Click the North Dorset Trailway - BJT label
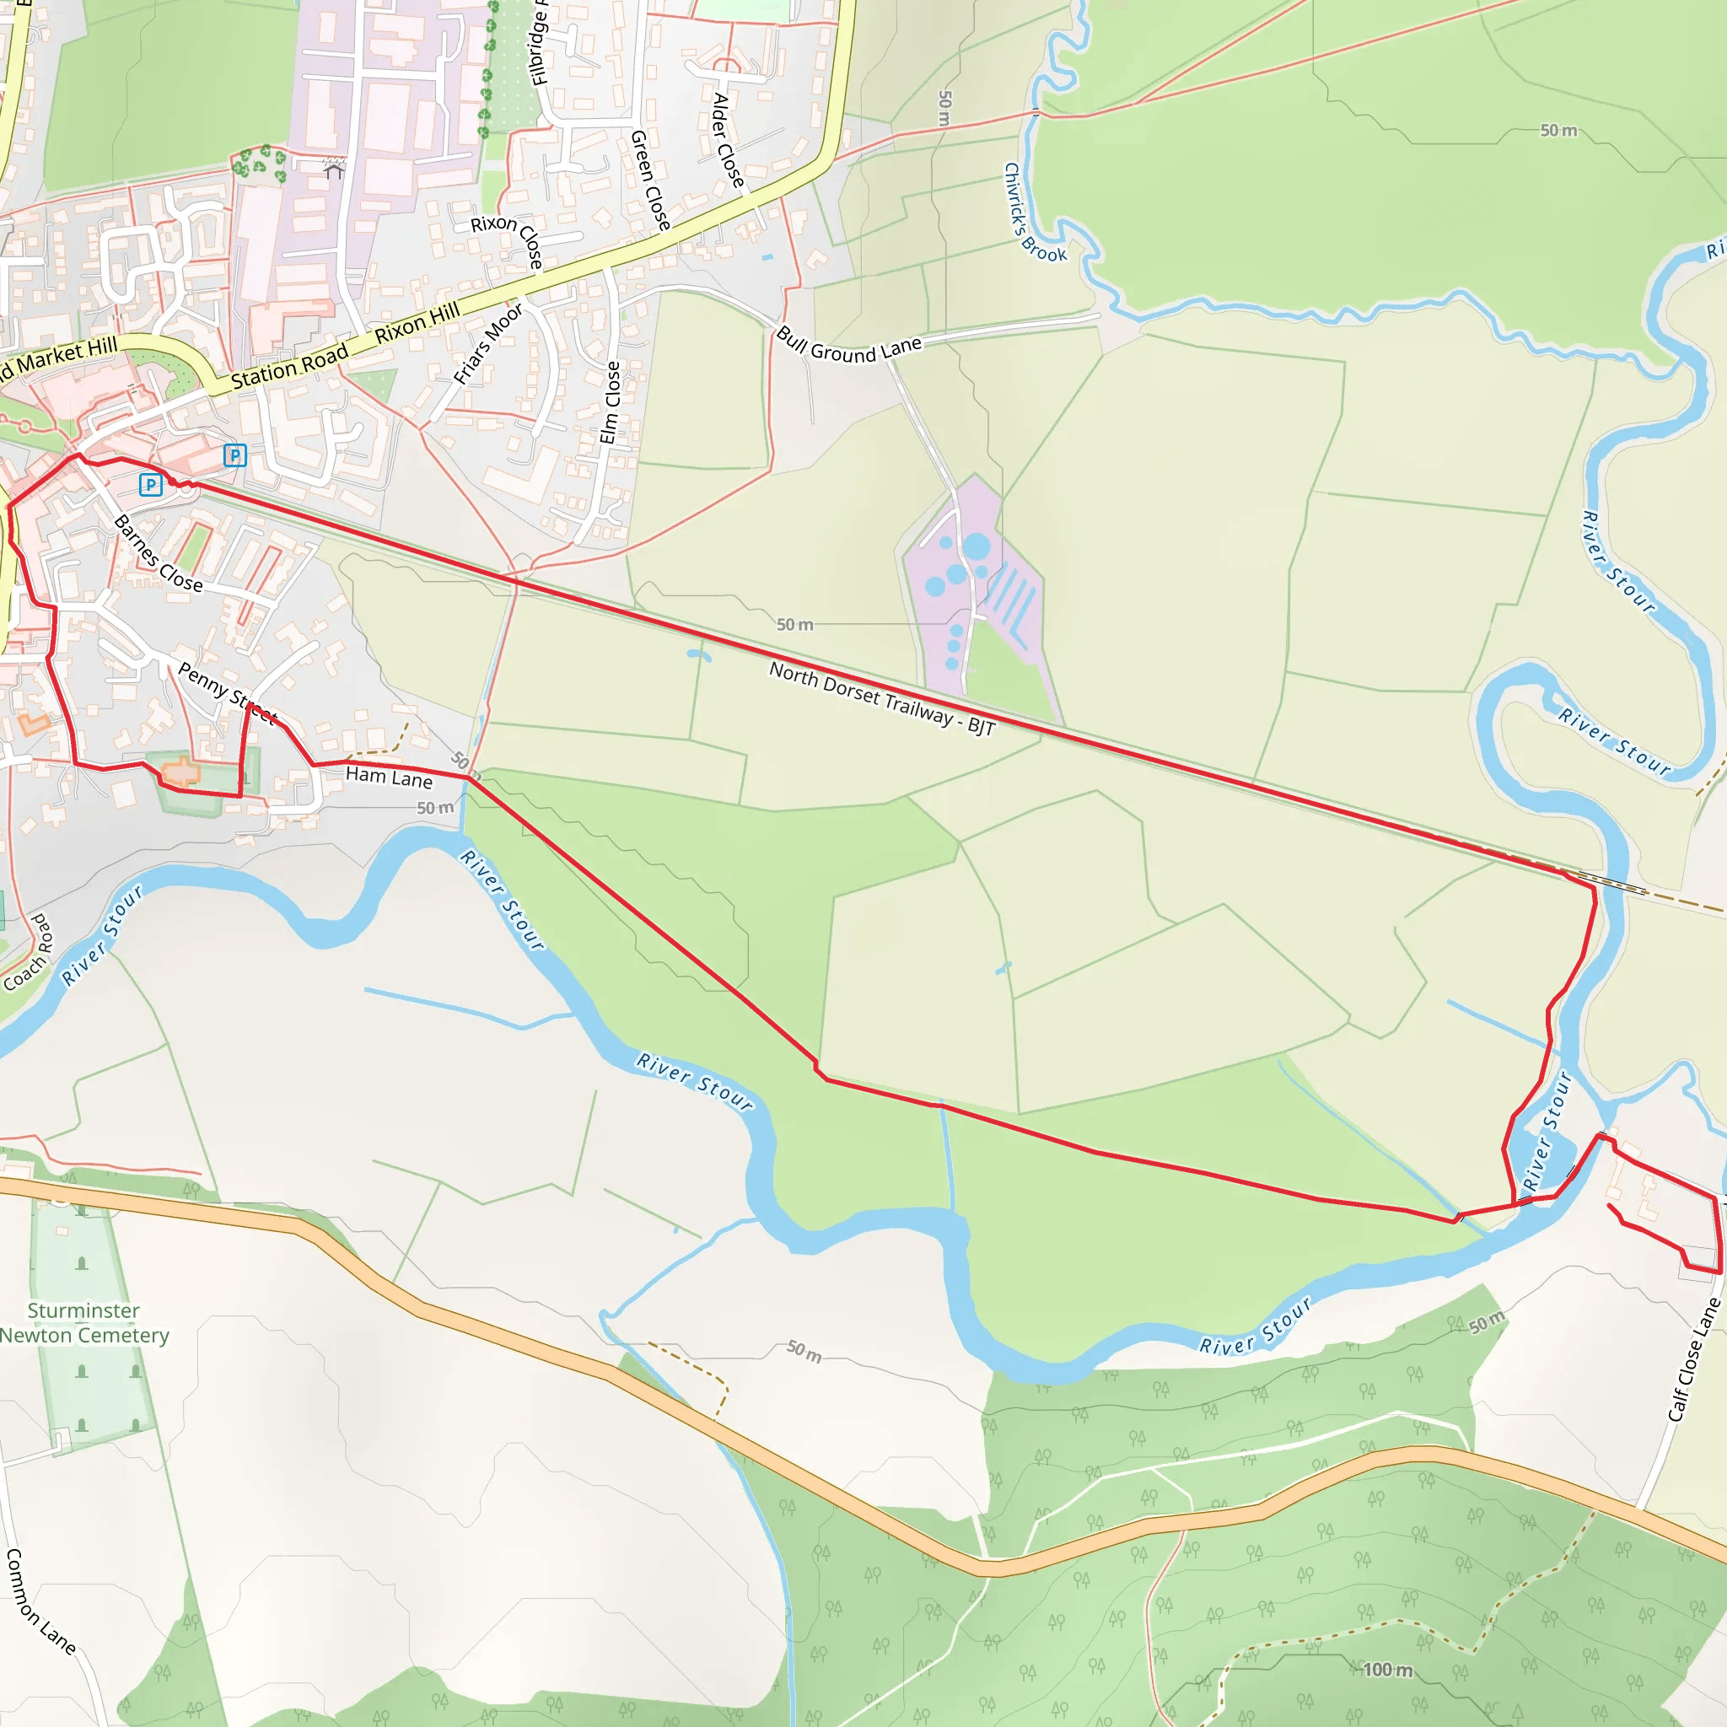tap(881, 698)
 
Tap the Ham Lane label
tap(389, 777)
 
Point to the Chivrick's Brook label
tap(1034, 213)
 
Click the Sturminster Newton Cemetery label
tap(83, 1323)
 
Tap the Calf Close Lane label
tap(1694, 1359)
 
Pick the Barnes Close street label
tap(159, 554)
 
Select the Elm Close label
tap(611, 402)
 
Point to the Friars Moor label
tap(487, 344)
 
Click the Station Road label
tap(289, 368)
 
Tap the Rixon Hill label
tap(417, 323)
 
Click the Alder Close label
tap(728, 140)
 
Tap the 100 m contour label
tap(1387, 1670)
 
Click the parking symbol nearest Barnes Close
tap(151, 486)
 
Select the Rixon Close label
tap(508, 239)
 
